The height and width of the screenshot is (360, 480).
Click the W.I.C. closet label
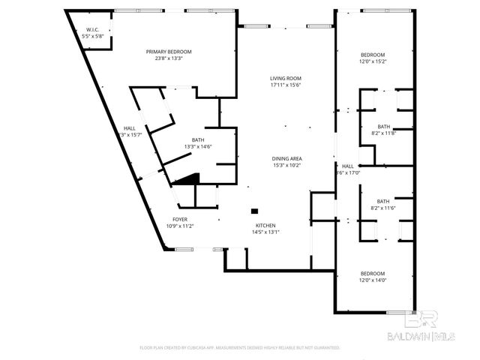click(91, 30)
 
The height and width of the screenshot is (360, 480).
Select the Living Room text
click(286, 79)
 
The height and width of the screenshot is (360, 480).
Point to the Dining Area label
click(286, 159)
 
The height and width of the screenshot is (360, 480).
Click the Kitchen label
click(265, 226)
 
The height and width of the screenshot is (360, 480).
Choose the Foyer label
click(180, 220)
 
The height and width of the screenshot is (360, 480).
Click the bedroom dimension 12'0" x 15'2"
click(373, 61)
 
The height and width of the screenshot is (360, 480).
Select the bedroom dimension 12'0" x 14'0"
click(373, 280)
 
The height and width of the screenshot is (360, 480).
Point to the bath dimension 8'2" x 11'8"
click(383, 133)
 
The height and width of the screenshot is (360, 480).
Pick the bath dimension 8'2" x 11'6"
click(383, 208)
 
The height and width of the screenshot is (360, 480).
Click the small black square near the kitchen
click(255, 211)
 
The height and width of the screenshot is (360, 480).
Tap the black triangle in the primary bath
click(189, 178)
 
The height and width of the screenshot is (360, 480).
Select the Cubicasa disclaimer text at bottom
click(240, 348)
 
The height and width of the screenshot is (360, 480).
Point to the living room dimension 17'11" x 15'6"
click(286, 85)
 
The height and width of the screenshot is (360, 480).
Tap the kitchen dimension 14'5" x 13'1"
click(265, 232)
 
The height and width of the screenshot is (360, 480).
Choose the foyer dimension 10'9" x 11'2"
click(180, 226)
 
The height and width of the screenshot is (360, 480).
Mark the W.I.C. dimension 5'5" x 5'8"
click(92, 36)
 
